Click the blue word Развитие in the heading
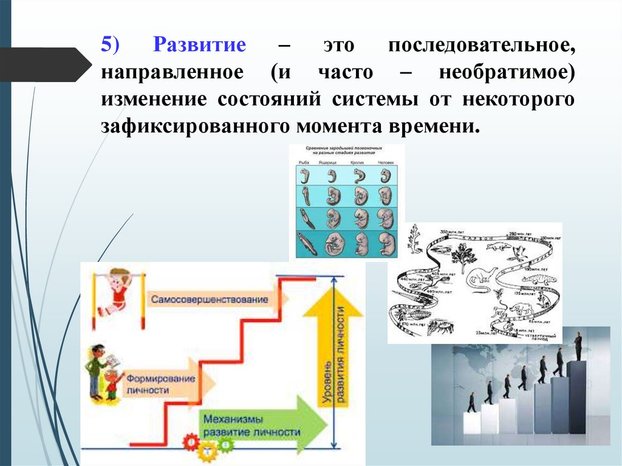point(200,46)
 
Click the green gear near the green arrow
point(225,446)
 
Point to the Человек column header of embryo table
point(384,163)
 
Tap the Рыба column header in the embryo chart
point(304,163)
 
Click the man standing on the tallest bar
point(578,346)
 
